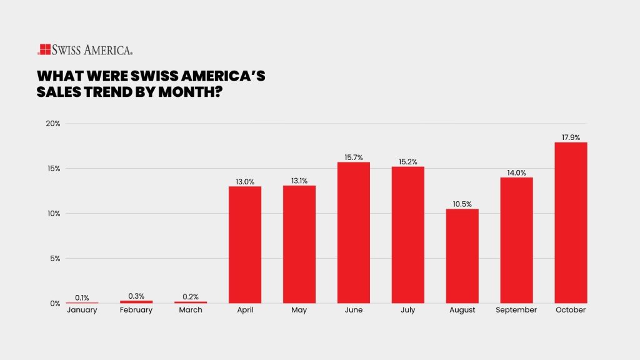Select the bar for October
click(571, 222)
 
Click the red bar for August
click(462, 256)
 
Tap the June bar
click(354, 232)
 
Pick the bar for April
click(245, 244)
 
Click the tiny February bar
click(136, 302)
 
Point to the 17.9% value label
click(571, 137)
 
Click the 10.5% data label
click(462, 204)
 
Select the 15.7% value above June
click(354, 157)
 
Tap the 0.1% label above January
click(82, 297)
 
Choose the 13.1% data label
click(299, 181)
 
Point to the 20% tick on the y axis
click(53, 123)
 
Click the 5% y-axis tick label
click(54, 258)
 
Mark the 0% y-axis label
click(54, 303)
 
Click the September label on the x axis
click(516, 311)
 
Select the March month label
click(191, 310)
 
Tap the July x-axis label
click(407, 310)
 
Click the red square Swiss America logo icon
click(44, 49)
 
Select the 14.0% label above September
click(516, 172)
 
